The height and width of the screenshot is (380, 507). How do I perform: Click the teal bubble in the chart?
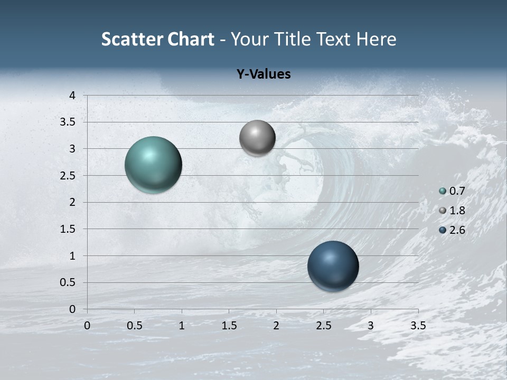(x=154, y=165)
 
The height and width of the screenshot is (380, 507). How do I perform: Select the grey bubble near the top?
(x=257, y=138)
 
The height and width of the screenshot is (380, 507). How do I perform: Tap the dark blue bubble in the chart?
(x=333, y=266)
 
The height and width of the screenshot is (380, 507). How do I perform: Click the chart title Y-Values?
(x=263, y=74)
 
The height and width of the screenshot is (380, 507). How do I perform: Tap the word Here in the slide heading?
(x=375, y=39)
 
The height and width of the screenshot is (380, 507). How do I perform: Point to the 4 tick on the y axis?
(x=73, y=95)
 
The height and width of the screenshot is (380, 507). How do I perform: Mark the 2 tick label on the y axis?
(x=73, y=202)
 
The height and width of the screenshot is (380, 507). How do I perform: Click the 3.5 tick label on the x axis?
(x=418, y=326)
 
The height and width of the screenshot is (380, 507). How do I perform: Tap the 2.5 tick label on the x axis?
(x=323, y=326)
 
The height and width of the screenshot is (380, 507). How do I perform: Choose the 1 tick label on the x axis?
(x=182, y=326)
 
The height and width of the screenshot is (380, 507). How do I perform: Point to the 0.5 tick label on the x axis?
(x=134, y=326)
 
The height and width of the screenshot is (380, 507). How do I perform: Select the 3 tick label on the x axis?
(x=371, y=326)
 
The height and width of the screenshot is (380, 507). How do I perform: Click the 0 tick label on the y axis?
(x=73, y=309)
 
